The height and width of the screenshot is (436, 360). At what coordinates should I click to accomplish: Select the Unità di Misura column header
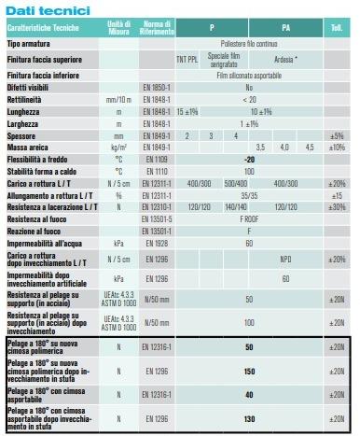click(118, 28)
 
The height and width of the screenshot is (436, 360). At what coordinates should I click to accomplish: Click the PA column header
click(285, 28)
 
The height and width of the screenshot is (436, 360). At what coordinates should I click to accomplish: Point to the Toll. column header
click(338, 28)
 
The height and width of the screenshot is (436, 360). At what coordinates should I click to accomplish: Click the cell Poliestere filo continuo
click(249, 44)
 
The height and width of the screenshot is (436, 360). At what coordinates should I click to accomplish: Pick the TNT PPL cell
click(187, 59)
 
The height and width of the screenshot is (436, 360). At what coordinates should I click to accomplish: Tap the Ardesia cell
click(285, 59)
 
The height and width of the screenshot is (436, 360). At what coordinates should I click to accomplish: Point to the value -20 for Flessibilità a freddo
click(249, 159)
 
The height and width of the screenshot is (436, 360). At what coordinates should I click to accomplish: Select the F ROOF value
click(249, 218)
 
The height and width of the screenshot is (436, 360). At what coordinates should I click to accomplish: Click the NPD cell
click(285, 259)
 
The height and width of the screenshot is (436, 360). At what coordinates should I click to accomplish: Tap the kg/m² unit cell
click(118, 147)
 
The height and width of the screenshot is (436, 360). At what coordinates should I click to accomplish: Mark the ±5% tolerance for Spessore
click(338, 134)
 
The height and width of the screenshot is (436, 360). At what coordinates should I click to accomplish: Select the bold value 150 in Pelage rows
click(249, 371)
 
